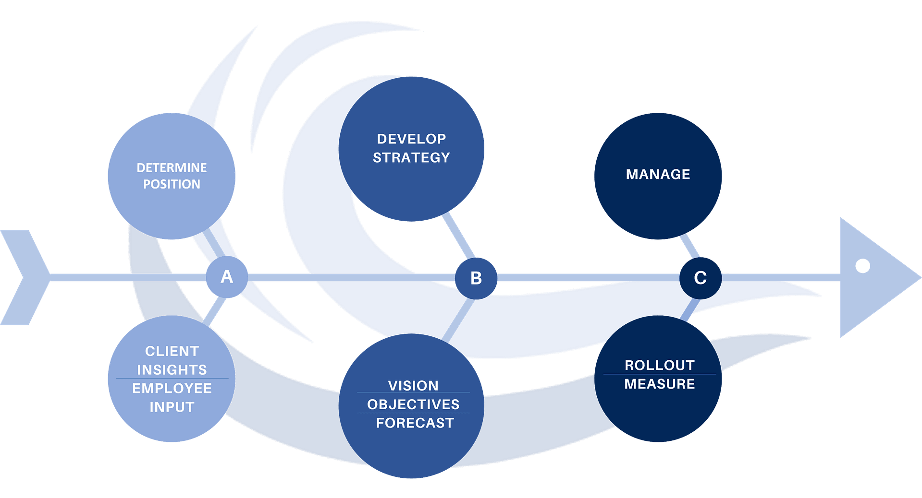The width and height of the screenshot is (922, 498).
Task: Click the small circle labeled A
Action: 227,277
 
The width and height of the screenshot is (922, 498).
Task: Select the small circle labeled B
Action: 476,278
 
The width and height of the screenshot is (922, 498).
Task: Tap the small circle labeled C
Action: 700,278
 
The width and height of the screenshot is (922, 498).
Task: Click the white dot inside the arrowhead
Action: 863,266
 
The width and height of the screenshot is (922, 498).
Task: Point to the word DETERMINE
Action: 172,168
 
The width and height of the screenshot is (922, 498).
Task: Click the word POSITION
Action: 172,184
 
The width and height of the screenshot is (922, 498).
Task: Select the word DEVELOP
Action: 411,139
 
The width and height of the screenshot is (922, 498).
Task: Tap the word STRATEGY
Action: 411,158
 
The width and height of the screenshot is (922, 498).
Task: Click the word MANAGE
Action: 658,174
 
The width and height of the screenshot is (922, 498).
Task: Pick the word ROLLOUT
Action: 659,365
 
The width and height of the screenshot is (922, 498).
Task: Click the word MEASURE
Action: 659,384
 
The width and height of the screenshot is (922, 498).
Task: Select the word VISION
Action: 413,386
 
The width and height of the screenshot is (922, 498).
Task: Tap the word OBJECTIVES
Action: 413,404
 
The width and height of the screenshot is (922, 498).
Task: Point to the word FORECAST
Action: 415,423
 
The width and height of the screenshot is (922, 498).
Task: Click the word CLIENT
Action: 172,351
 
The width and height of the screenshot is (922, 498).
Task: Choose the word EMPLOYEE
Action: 172,388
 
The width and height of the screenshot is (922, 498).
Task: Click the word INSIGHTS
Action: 172,370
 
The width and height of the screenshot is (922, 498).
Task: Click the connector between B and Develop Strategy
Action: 458,235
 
